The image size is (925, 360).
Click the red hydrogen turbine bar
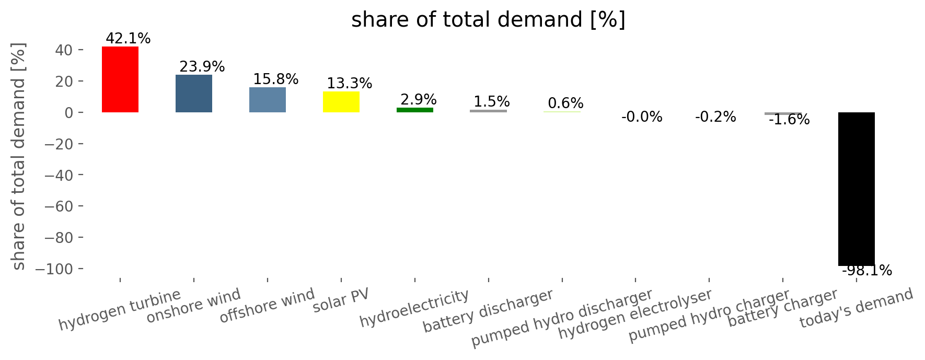pyautogui.click(x=120, y=79)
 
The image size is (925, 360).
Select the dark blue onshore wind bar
pyautogui.click(x=194, y=94)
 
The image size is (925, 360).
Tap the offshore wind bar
pyautogui.click(x=268, y=100)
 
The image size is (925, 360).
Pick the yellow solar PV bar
pyautogui.click(x=341, y=102)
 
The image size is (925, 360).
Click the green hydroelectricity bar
pyautogui.click(x=415, y=110)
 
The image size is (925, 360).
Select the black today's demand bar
pyautogui.click(x=857, y=189)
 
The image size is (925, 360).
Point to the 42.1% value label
pyautogui.click(x=128, y=39)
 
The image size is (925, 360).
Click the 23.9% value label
pyautogui.click(x=202, y=67)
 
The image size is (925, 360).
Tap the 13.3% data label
pyautogui.click(x=350, y=84)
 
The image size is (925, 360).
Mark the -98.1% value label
pyautogui.click(x=867, y=271)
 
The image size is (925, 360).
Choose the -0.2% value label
pyautogui.click(x=715, y=117)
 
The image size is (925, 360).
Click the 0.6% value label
pyautogui.click(x=565, y=103)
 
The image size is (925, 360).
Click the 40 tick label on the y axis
pyautogui.click(x=62, y=50)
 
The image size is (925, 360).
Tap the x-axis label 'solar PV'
pyautogui.click(x=341, y=300)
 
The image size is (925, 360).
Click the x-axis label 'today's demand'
pyautogui.click(x=857, y=308)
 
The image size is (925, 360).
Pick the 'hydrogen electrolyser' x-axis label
pyautogui.click(x=635, y=313)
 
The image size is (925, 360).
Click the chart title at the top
pyautogui.click(x=488, y=20)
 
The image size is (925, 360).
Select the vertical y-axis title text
pyautogui.click(x=19, y=156)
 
